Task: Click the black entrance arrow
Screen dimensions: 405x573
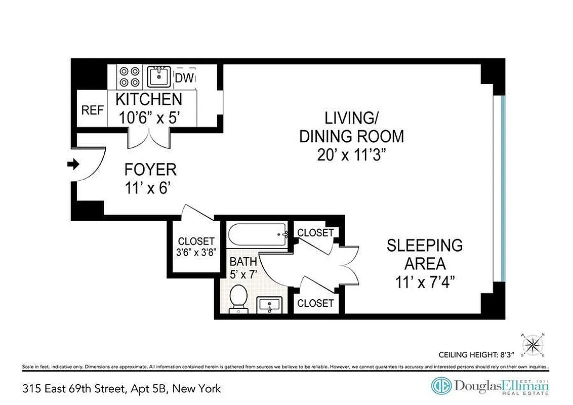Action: click(x=73, y=164)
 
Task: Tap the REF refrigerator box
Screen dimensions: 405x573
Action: click(x=92, y=110)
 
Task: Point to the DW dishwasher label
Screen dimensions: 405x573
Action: click(x=183, y=78)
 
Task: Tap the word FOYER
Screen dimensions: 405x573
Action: click(x=150, y=169)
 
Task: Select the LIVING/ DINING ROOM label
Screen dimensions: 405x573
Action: click(x=351, y=127)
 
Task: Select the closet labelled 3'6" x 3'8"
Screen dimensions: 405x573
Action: click(x=196, y=247)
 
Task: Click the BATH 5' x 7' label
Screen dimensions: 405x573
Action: click(x=243, y=267)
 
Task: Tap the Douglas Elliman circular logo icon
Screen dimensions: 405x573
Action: click(x=441, y=386)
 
